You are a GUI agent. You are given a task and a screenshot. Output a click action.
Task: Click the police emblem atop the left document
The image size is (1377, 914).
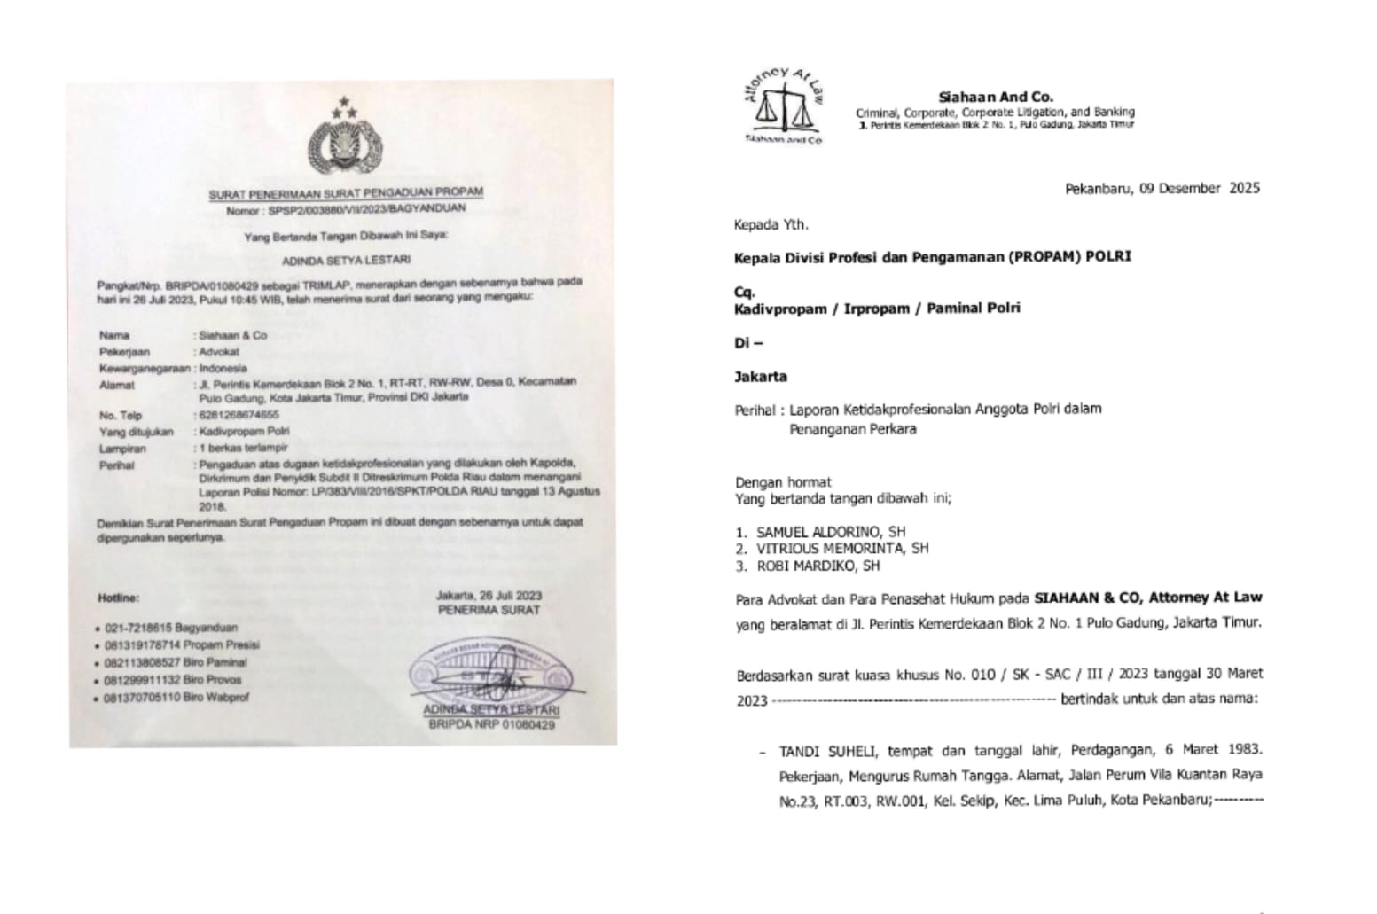344,142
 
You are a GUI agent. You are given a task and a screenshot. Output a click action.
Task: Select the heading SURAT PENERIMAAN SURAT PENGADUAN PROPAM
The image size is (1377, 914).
346,193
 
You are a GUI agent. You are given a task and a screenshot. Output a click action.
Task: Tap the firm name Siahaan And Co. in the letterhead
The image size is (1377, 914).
996,98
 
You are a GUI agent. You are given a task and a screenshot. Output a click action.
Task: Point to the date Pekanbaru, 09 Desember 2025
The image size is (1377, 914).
1162,188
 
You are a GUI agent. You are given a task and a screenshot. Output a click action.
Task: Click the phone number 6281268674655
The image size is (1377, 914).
237,415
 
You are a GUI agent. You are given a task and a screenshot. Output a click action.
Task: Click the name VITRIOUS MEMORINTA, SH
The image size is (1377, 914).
842,549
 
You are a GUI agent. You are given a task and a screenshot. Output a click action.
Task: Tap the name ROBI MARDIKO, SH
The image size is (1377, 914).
818,566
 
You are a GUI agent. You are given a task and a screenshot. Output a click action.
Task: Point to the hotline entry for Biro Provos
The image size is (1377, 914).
176,680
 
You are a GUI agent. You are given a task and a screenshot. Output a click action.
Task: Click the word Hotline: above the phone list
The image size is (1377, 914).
118,599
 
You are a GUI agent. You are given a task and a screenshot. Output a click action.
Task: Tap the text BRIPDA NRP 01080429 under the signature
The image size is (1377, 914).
491,725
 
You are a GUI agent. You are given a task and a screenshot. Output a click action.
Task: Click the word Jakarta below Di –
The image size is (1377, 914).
761,377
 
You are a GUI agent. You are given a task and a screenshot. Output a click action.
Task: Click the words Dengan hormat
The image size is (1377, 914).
783,482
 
